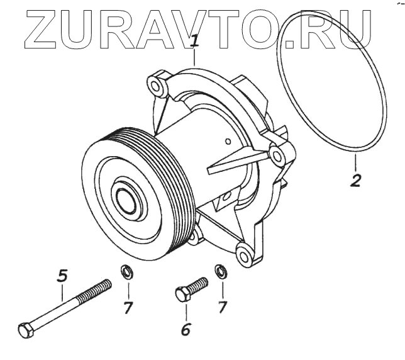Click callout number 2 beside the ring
click(x=355, y=180)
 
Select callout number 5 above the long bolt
click(x=62, y=276)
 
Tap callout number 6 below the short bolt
click(x=186, y=328)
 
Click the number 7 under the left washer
click(x=128, y=309)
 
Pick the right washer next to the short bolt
click(x=221, y=272)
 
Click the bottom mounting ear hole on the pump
click(x=242, y=255)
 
